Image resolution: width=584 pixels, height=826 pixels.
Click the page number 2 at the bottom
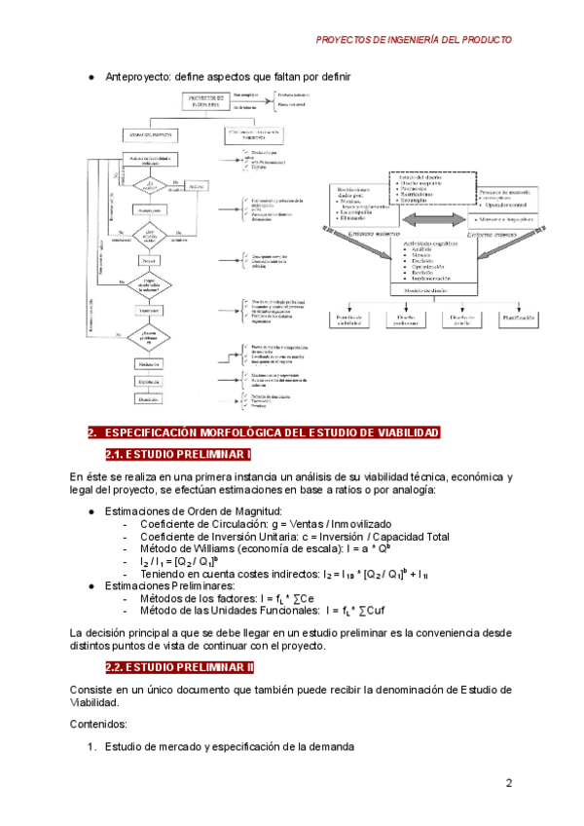pyautogui.click(x=508, y=784)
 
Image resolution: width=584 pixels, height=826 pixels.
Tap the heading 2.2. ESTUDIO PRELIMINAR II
pyautogui.click(x=179, y=667)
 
